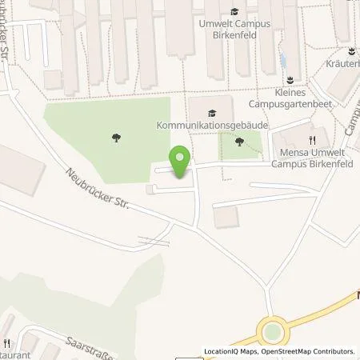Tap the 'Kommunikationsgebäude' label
pyautogui.click(x=211, y=126)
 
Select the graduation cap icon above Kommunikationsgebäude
pyautogui.click(x=211, y=113)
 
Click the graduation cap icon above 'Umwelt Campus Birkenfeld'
pyautogui.click(x=234, y=11)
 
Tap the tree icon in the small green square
pyautogui.click(x=239, y=142)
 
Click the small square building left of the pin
pyautogui.click(x=151, y=189)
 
